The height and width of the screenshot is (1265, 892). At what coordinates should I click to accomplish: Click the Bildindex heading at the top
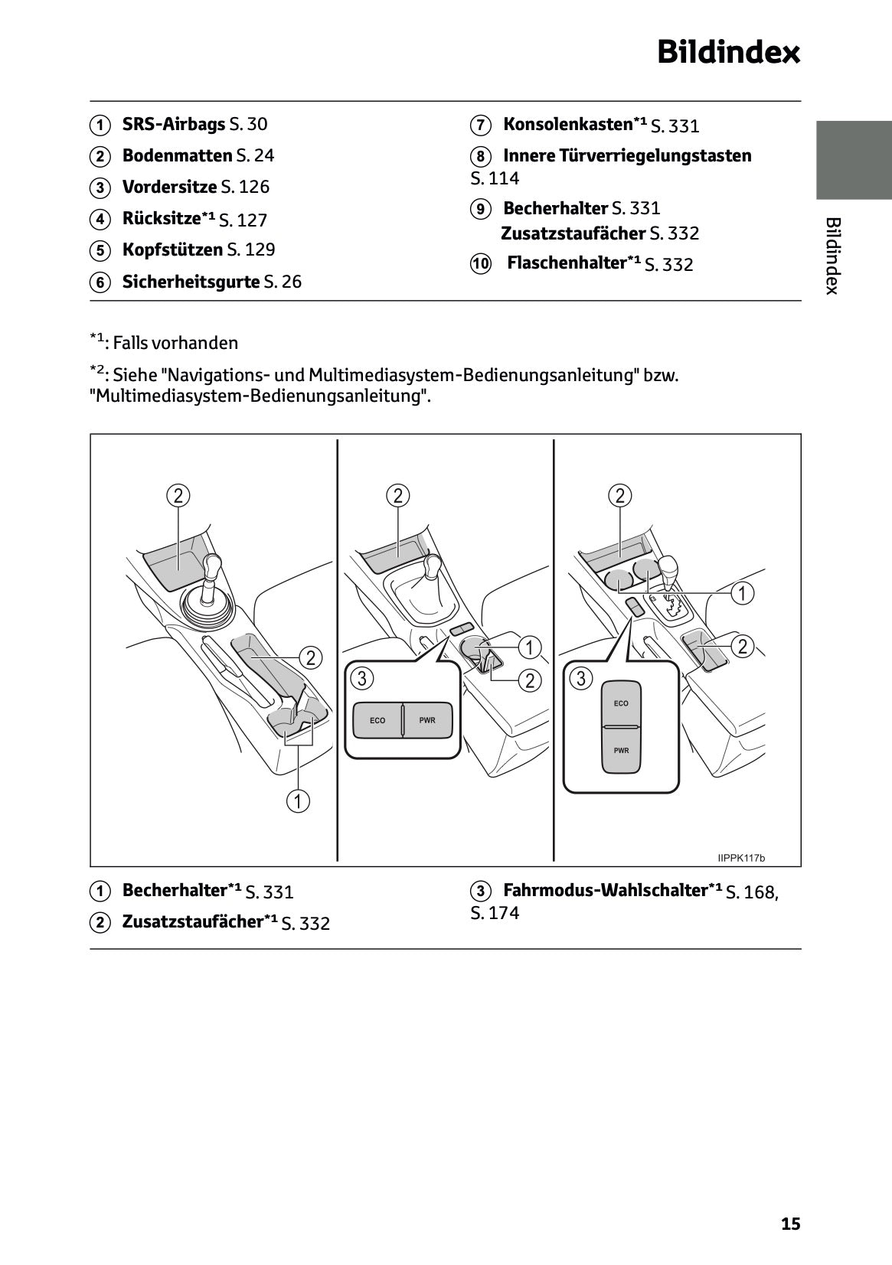728,54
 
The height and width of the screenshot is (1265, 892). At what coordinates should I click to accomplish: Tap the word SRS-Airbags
173,124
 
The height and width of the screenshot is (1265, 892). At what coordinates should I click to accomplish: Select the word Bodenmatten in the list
176,155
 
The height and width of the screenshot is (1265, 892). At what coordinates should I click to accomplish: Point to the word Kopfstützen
172,249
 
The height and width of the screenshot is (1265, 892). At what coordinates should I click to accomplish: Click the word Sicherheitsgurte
191,282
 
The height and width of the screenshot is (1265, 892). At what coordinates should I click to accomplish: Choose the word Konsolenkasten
567,124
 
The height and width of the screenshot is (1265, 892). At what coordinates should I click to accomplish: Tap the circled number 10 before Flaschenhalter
480,264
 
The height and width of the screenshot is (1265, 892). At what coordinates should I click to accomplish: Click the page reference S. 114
495,178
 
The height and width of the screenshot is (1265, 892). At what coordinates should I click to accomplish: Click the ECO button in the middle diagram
377,720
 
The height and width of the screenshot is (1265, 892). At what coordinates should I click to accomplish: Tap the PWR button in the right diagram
621,750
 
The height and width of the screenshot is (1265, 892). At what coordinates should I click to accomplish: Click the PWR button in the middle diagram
427,720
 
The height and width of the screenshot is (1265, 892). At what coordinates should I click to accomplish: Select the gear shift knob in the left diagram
212,567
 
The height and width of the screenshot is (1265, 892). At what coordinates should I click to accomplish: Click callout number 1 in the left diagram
298,801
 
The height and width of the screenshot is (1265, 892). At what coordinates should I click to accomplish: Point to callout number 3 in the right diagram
580,678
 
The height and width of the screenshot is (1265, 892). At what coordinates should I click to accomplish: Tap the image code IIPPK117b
741,858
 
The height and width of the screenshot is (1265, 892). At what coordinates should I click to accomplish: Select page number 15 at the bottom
790,1224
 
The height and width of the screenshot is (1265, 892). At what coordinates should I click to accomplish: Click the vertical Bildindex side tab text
833,256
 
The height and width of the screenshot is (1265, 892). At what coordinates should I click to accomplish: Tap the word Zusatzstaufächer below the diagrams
192,921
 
